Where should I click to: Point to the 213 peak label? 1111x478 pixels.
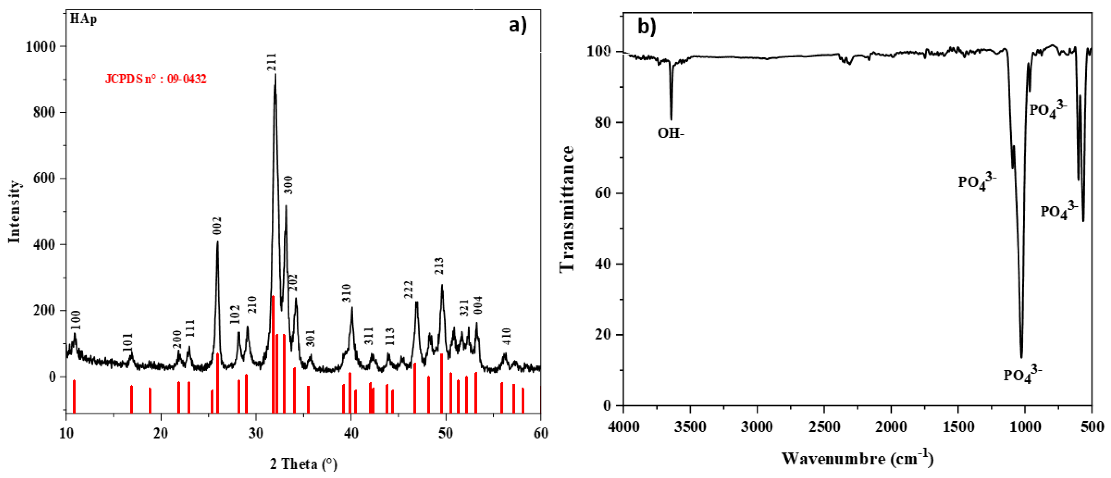439,266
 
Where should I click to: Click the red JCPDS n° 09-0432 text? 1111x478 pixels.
156,79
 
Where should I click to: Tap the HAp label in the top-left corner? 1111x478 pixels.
83,19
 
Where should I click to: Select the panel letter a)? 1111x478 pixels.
518,25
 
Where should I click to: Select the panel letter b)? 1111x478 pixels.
647,27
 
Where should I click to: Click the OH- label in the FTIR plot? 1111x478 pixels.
671,133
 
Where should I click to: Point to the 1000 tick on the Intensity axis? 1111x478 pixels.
41,47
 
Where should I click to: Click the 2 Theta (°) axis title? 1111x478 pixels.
304,464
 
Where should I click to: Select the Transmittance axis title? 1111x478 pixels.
567,209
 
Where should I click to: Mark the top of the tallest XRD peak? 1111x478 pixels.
275,75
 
